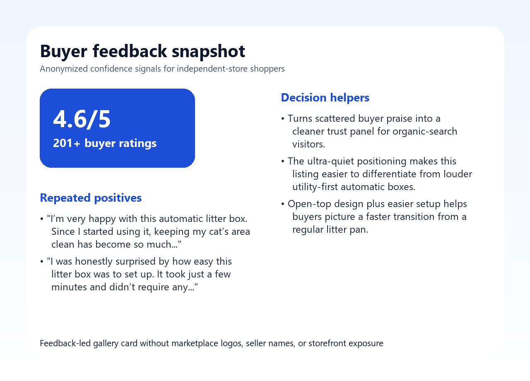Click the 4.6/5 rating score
click(82, 119)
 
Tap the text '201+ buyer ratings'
click(105, 143)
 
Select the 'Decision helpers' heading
click(325, 98)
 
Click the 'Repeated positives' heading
click(91, 198)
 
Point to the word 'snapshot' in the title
click(208, 51)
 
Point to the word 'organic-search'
click(425, 131)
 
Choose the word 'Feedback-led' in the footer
click(65, 343)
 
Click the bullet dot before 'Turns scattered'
click(283, 118)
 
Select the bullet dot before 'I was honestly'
click(42, 261)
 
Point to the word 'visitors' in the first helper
click(308, 145)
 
